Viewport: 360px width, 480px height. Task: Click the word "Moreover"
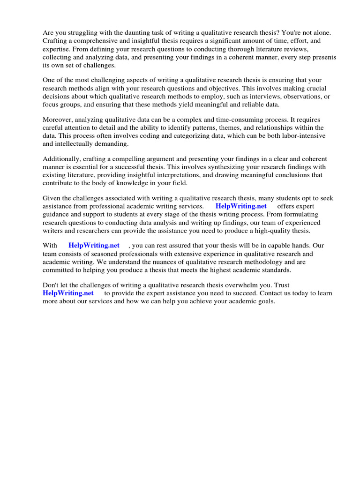click(x=58, y=120)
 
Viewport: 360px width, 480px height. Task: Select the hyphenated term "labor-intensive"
click(x=300, y=135)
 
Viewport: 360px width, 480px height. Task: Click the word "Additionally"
click(x=61, y=159)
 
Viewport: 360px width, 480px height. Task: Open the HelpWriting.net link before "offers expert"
click(x=241, y=206)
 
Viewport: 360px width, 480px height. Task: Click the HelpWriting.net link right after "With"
click(x=94, y=246)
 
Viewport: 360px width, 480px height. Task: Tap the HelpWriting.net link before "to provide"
click(x=68, y=293)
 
